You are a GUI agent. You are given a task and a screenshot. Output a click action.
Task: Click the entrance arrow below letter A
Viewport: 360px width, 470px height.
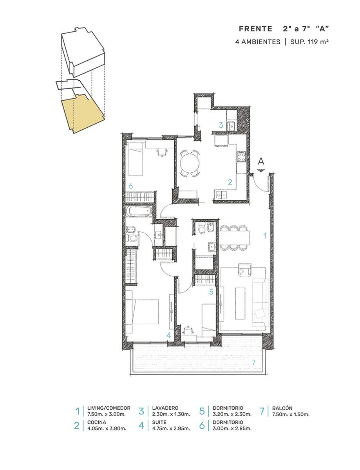[261, 170]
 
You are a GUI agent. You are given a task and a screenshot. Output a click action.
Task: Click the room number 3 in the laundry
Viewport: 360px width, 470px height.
[221, 125]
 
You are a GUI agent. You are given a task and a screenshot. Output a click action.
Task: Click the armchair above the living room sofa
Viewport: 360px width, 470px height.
[244, 269]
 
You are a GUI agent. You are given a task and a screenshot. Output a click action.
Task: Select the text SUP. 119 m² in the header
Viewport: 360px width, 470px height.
[309, 42]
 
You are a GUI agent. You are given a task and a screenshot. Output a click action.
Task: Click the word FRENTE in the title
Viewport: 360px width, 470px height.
[255, 29]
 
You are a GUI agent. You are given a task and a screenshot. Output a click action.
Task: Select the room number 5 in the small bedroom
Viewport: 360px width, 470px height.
[211, 292]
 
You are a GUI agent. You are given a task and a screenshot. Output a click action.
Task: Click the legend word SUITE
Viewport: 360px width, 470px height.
[159, 422]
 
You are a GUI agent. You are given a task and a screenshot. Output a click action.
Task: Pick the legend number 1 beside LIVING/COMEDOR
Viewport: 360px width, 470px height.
[78, 411]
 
